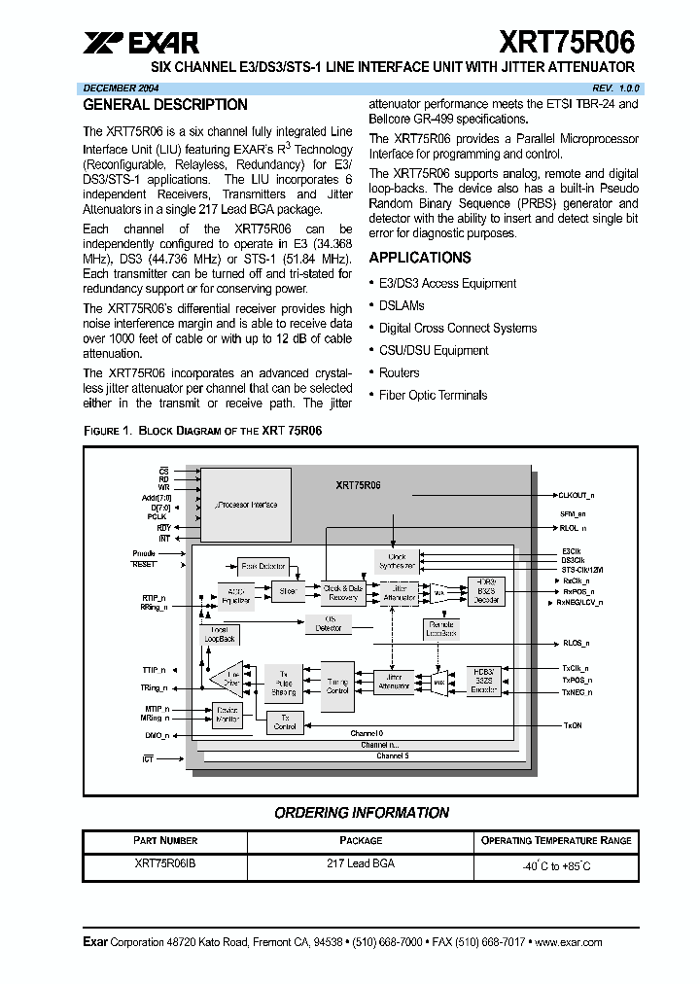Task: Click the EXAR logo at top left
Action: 141,42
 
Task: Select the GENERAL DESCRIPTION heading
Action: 165,105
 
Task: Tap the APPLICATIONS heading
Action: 420,258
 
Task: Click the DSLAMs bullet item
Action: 402,305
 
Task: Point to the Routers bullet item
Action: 399,372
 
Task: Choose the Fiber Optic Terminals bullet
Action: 433,395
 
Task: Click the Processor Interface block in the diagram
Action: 245,505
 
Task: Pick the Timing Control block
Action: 337,686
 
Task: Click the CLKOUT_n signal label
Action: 577,495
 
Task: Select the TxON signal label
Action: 573,724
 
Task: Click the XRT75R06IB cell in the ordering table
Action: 164,862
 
